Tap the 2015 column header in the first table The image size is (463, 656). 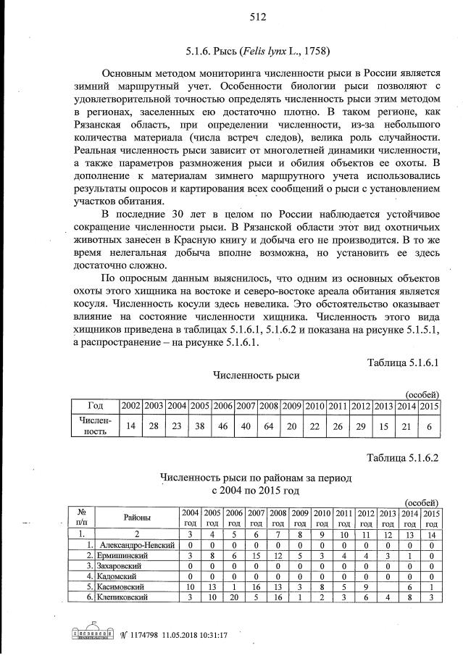[430, 405]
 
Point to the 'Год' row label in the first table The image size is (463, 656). [94, 405]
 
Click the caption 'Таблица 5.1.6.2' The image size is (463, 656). [404, 457]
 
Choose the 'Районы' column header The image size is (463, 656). [137, 518]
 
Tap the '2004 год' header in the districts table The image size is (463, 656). [190, 518]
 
